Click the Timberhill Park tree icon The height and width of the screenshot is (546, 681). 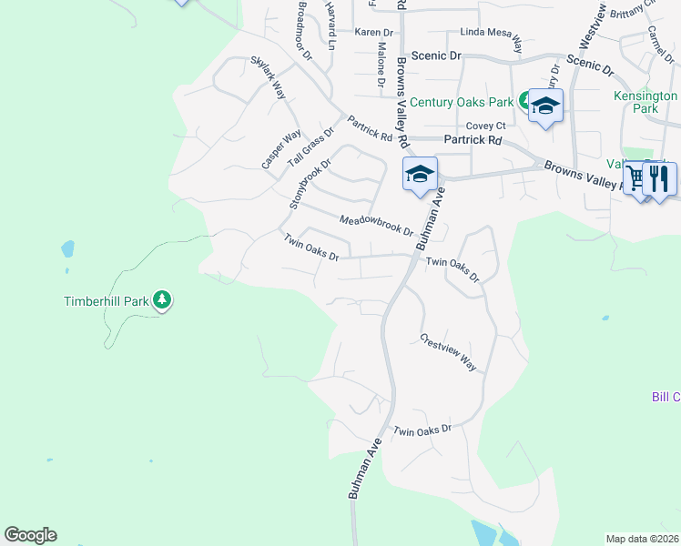pyautogui.click(x=162, y=299)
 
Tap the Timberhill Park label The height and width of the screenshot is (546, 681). pyautogui.click(x=106, y=301)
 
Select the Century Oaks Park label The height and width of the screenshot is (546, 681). pyautogui.click(x=462, y=102)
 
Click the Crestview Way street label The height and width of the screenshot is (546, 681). pyautogui.click(x=449, y=352)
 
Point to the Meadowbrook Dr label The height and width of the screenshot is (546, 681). pyautogui.click(x=376, y=225)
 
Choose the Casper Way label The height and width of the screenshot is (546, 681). pyautogui.click(x=280, y=150)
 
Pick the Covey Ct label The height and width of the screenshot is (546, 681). pyautogui.click(x=485, y=126)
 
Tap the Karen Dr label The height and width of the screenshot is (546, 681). pyautogui.click(x=372, y=32)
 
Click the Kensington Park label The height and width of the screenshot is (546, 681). pyautogui.click(x=645, y=102)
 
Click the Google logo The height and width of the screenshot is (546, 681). pyautogui.click(x=30, y=535)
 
